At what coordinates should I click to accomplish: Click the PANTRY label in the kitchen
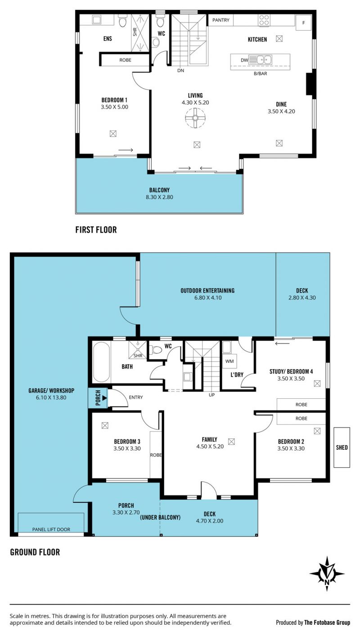coord(220,20)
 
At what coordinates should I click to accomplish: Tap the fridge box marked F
coord(303,23)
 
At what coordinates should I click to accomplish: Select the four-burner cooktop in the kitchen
coord(264,20)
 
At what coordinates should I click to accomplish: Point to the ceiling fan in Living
coord(195,118)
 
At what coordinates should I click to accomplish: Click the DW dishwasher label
coord(244,60)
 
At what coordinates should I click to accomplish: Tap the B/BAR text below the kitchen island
coord(261,73)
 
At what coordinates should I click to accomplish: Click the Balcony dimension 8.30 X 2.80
coord(159,197)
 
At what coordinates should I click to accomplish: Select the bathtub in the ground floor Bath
coord(101,362)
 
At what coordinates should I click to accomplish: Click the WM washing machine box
coord(229,361)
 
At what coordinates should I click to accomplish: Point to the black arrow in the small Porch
coord(104,398)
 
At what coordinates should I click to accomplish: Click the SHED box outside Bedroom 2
coord(342,447)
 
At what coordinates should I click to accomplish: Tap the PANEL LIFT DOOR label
coord(51,529)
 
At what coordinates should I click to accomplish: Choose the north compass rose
coord(327,573)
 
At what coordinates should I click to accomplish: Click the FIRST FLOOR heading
coord(96,230)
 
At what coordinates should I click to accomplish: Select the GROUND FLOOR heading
coord(35,552)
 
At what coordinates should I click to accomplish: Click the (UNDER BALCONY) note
coord(160,517)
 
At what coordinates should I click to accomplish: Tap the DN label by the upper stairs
coord(180,70)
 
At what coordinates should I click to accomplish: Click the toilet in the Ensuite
coord(123,21)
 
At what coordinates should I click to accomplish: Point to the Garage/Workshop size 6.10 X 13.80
coord(51,397)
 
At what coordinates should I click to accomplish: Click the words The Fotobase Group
coord(327,622)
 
